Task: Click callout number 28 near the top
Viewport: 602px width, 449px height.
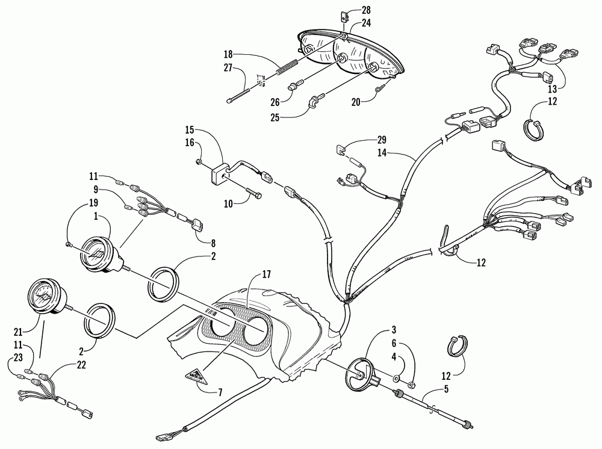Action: (367, 10)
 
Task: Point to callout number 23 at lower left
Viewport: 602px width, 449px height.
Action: (10, 356)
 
